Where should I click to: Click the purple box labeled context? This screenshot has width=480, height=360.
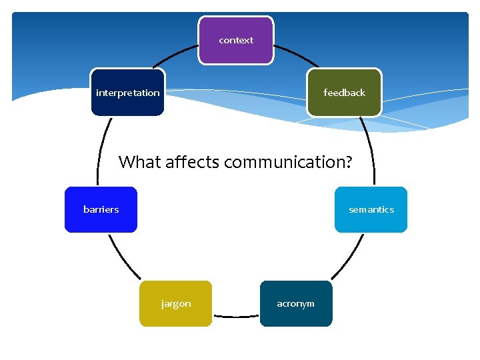tap(236, 41)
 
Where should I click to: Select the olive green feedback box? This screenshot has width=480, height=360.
tap(344, 93)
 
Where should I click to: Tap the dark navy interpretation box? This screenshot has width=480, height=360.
tap(127, 93)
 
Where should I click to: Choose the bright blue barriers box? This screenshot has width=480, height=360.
tap(101, 209)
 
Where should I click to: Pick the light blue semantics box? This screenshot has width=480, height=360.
tap(371, 209)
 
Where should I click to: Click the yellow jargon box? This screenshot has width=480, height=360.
tap(175, 303)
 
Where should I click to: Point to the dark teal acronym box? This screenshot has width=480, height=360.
tap(295, 303)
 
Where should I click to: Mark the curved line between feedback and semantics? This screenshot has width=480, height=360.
tap(369, 151)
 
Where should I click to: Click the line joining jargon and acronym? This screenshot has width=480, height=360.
tap(235, 315)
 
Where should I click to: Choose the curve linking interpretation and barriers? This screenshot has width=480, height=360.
tap(101, 151)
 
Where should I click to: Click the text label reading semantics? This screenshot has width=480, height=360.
tap(371, 209)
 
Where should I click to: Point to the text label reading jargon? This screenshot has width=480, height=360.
tap(176, 303)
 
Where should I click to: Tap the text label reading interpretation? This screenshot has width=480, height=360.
tap(127, 93)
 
